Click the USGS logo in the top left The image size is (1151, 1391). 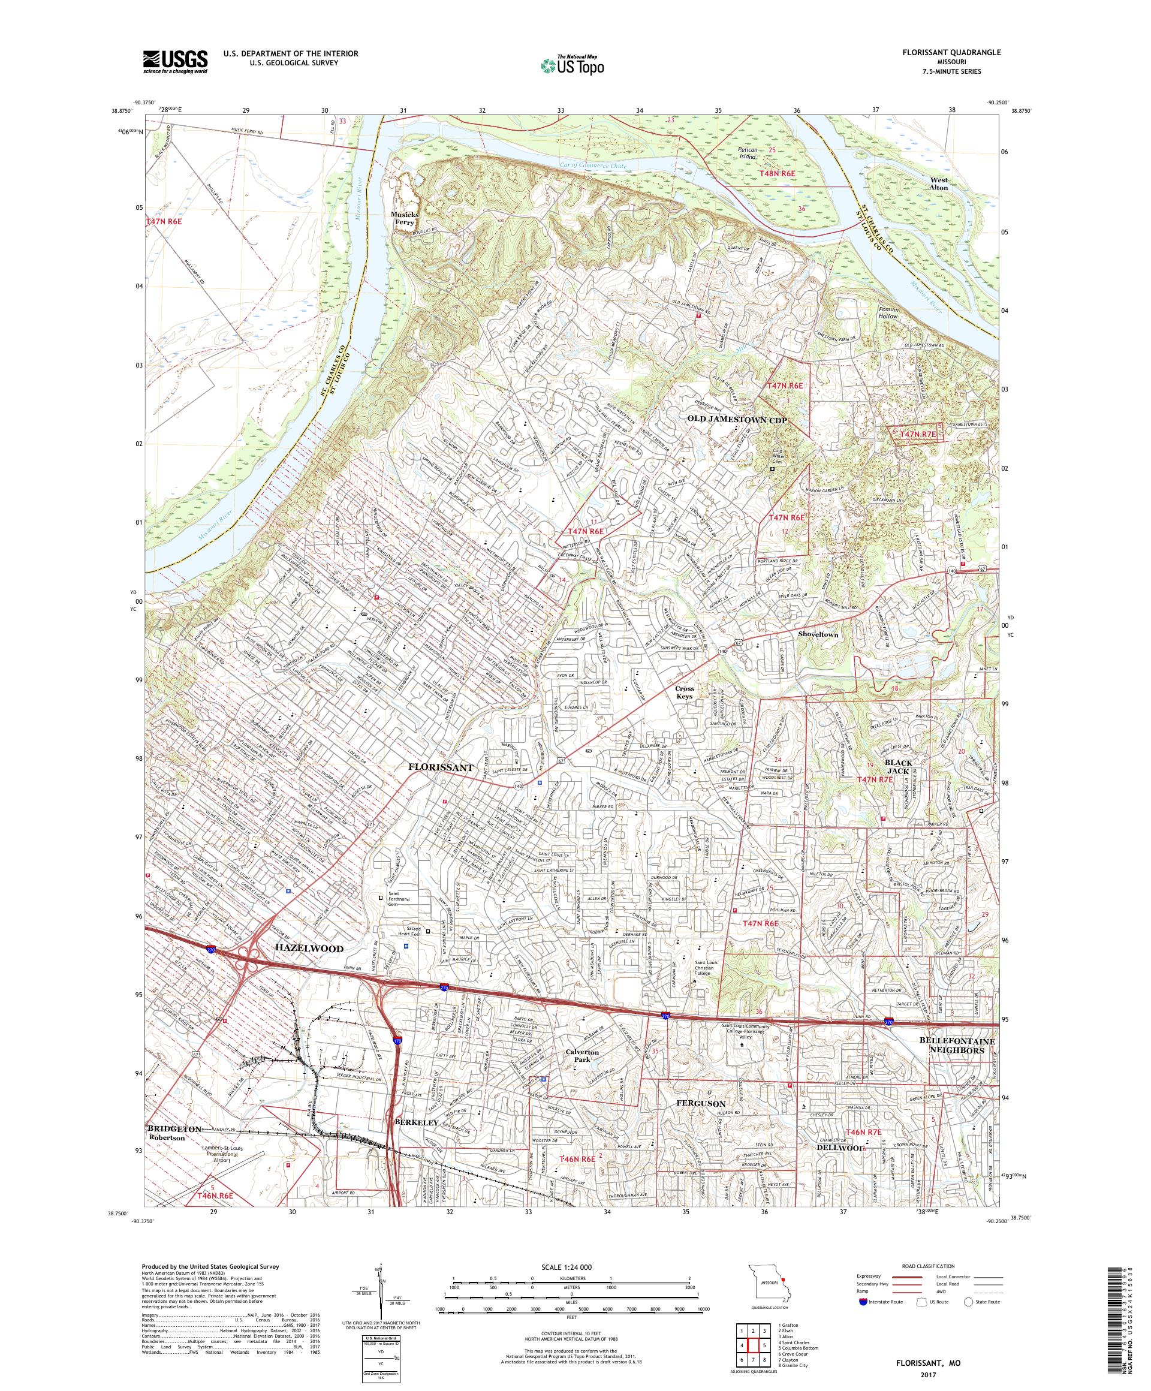pos(176,62)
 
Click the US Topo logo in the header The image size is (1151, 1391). pos(573,65)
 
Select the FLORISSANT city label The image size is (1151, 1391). pos(441,767)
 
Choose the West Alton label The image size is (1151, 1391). pos(938,184)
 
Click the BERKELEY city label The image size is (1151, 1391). pos(417,1124)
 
